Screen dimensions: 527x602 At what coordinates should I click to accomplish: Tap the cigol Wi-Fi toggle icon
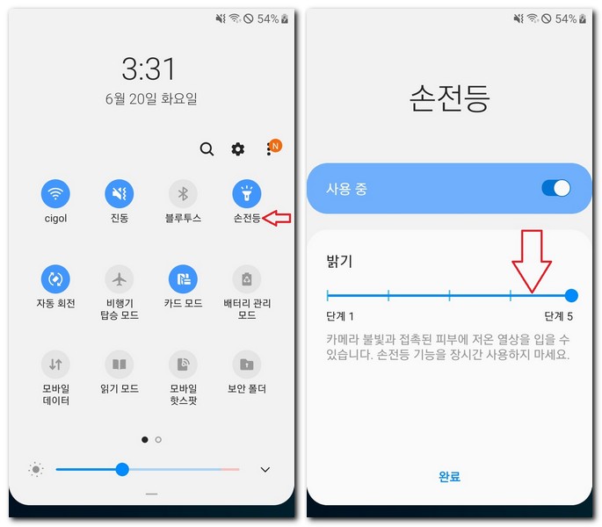point(55,193)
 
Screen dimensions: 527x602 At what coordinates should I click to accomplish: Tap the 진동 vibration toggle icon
point(120,193)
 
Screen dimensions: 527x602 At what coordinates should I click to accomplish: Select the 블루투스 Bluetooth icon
point(183,193)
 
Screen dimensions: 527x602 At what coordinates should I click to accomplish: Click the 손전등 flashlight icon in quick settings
point(246,193)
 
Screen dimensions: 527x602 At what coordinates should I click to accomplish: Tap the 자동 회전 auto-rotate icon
point(55,279)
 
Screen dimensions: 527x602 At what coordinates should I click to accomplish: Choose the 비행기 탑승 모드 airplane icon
point(120,279)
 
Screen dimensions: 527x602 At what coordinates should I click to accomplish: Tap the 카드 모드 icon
point(183,279)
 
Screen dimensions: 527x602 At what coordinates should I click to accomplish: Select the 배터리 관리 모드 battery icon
point(246,279)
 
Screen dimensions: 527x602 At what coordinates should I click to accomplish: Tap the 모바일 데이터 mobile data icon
point(55,364)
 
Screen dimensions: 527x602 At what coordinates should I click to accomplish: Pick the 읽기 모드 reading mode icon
point(120,364)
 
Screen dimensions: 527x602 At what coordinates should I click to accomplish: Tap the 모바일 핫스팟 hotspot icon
point(183,364)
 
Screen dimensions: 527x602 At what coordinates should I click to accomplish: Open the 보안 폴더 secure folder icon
point(246,364)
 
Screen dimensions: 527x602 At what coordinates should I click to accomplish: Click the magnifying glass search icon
point(207,149)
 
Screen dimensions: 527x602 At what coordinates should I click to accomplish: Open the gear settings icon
point(238,149)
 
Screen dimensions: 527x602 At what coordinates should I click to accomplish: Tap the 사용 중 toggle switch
point(555,188)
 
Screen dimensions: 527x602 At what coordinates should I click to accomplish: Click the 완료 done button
point(449,477)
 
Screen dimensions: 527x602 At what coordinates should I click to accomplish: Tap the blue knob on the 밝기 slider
point(571,296)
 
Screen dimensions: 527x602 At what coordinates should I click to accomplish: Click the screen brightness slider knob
point(122,470)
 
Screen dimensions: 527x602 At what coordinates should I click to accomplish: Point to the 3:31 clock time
point(149,69)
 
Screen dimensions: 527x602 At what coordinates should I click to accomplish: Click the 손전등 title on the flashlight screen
point(448,97)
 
